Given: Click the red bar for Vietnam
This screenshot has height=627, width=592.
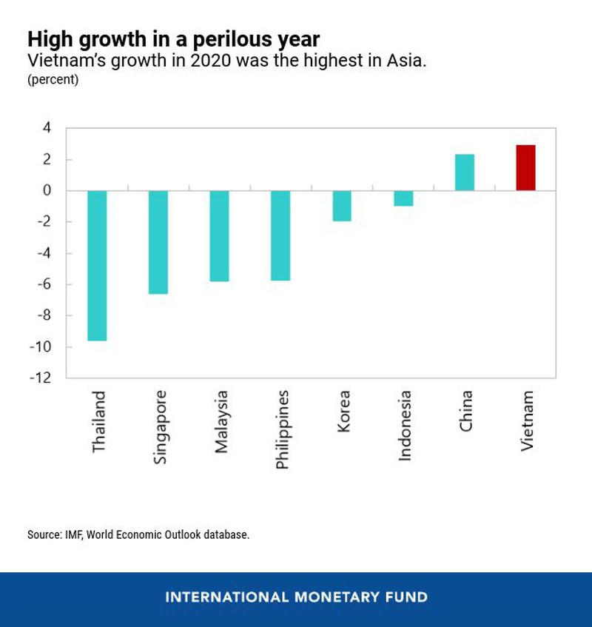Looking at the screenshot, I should click(525, 168).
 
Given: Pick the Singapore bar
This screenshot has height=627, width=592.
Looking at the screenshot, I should click(158, 242).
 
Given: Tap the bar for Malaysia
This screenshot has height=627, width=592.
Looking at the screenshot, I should click(220, 236).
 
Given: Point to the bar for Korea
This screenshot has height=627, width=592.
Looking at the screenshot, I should click(342, 206).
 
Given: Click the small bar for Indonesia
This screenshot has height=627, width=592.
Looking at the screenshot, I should click(403, 198).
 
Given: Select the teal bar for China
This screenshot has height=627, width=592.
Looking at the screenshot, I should click(464, 172).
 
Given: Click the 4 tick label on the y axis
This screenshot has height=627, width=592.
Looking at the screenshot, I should click(47, 128).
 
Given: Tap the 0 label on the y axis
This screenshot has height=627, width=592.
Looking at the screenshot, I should click(47, 191).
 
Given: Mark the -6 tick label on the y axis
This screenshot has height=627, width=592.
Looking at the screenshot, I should click(44, 285).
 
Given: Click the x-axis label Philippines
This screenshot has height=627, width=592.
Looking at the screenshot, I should click(282, 429).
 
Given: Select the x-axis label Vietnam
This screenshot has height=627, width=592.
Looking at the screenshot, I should click(527, 422).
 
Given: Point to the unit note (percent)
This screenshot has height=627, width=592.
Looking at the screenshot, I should click(53, 79).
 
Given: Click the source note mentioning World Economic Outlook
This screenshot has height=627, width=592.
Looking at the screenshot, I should click(138, 534).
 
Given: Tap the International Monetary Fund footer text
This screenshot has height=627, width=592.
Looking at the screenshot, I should click(296, 597).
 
